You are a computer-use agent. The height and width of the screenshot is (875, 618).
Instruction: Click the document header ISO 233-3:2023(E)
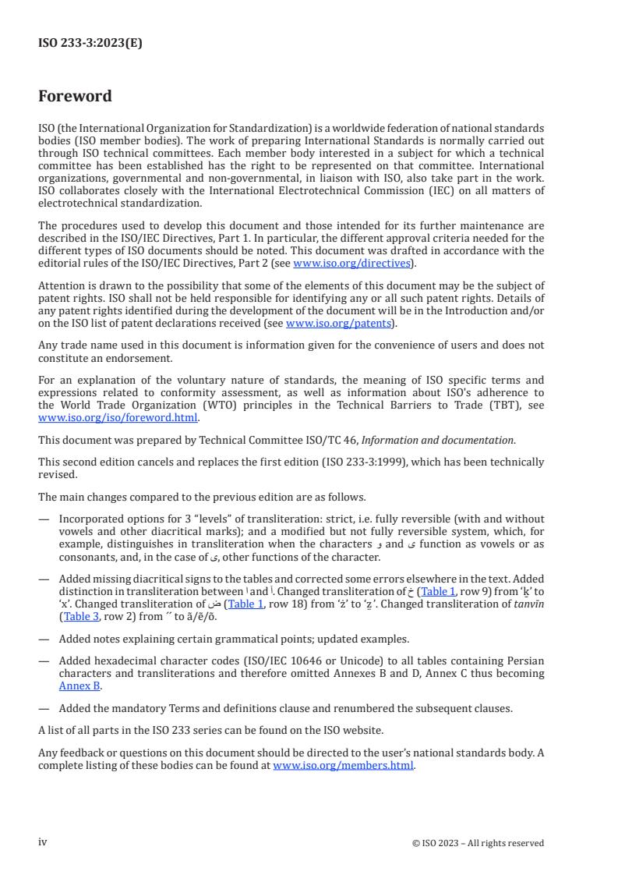point(90,44)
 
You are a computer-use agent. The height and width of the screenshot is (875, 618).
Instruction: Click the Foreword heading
point(75,97)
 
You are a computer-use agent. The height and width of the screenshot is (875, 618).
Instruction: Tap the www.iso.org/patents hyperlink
point(340,323)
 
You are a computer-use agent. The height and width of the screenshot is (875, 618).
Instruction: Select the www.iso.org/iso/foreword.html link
point(118,417)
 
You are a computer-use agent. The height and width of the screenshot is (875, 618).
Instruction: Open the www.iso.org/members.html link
point(344,765)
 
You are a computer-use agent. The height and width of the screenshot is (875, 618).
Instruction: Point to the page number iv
point(43,842)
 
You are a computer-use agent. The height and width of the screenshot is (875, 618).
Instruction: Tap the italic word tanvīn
point(524,604)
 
